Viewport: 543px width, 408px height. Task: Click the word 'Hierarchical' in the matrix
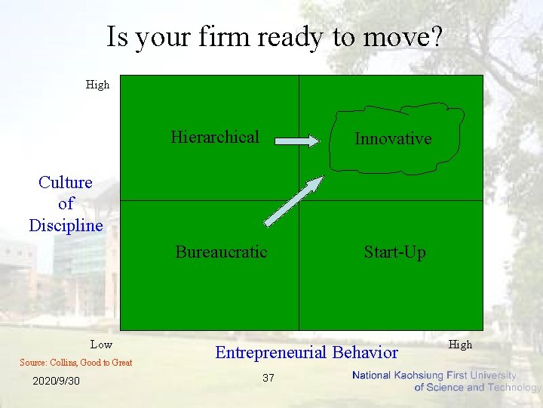click(214, 137)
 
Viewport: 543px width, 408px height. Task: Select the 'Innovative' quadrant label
click(393, 139)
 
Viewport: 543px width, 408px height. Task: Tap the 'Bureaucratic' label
click(221, 252)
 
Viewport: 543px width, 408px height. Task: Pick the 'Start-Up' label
click(394, 252)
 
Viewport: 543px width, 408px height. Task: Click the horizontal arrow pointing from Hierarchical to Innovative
click(297, 140)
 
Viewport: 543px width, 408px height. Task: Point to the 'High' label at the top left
click(97, 85)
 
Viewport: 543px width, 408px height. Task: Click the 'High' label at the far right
click(460, 345)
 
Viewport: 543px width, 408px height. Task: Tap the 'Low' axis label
click(101, 345)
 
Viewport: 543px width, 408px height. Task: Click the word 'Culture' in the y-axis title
click(66, 182)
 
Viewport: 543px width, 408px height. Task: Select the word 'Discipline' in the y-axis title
click(66, 225)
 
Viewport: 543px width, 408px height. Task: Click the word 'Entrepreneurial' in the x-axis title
click(271, 352)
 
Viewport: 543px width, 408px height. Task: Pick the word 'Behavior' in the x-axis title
click(365, 352)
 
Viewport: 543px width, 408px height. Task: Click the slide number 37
click(268, 378)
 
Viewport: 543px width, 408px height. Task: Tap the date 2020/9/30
click(56, 381)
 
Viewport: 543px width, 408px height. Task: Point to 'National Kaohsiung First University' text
click(434, 376)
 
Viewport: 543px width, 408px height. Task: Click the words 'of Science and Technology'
click(477, 388)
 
